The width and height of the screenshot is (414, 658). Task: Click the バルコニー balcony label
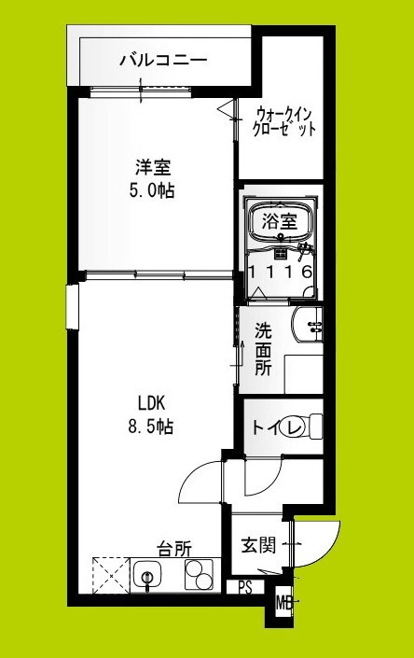point(162,63)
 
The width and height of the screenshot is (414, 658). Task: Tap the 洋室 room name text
point(154,168)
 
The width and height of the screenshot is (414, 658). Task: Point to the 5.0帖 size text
point(154,191)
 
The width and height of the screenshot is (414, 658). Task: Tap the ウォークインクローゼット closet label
point(284,121)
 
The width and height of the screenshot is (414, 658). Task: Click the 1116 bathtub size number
point(279,272)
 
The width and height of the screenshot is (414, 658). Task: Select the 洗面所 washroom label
point(264,348)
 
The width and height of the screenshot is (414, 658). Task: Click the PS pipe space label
point(244,588)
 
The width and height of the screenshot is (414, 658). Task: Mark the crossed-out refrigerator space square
point(111,573)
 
